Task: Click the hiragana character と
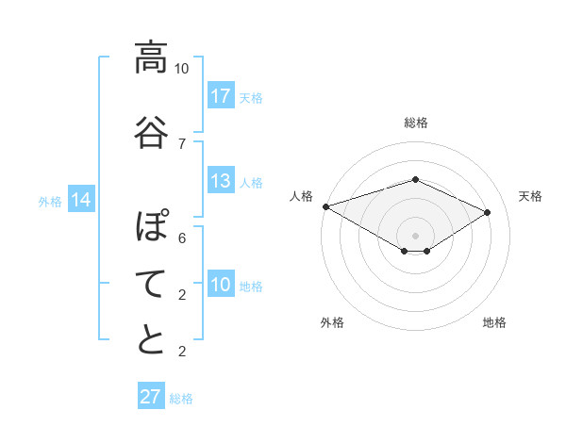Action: [151, 339]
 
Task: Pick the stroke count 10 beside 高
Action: [181, 69]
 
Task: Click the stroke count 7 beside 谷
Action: [181, 144]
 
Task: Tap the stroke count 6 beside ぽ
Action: [181, 238]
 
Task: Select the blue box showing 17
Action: [221, 96]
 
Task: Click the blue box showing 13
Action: [221, 181]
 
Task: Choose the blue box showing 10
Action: [221, 285]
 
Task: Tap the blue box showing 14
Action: [81, 200]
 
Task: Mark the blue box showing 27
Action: [150, 397]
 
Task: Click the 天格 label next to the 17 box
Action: [251, 97]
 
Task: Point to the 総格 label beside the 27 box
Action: [181, 399]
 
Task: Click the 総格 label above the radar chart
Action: [415, 123]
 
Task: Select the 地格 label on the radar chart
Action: [494, 322]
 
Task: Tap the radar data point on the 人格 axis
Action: [325, 206]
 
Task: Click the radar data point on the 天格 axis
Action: [488, 213]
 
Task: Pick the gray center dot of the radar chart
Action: [415, 235]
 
